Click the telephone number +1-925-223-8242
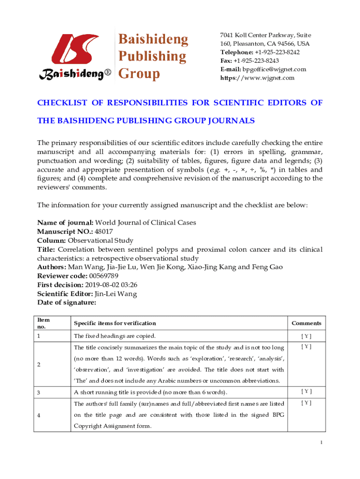click(x=277, y=52)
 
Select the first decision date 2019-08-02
click(x=101, y=284)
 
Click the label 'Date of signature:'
click(x=66, y=303)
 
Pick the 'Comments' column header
click(x=306, y=323)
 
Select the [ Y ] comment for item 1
click(x=306, y=336)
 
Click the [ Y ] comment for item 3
click(x=306, y=391)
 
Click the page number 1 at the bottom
click(x=322, y=443)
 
